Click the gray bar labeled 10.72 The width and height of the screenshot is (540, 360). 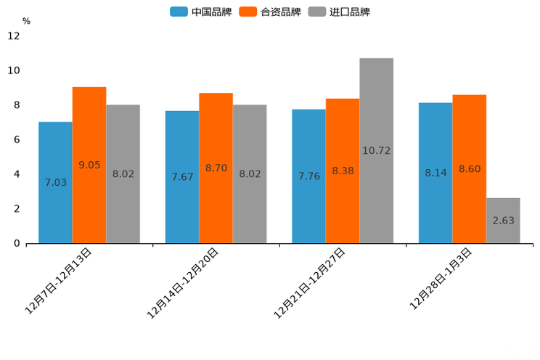376,150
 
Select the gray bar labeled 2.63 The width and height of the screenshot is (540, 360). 503,221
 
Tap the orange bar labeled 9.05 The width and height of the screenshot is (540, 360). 89,165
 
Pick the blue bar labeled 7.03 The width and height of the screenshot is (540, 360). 55,182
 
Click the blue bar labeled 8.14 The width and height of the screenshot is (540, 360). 435,173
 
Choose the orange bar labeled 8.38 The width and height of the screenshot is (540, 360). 343,171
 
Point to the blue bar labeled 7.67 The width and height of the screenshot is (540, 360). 182,176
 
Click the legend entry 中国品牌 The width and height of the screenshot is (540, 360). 201,12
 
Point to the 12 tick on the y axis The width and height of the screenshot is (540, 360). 14,36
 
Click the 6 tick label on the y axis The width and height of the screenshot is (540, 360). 17,139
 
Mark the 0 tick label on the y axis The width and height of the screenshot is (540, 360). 17,243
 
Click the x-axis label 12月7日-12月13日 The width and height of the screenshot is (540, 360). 59,280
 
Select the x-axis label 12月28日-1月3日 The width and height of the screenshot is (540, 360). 441,279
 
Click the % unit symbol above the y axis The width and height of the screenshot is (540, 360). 26,21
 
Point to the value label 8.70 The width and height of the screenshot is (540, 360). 216,168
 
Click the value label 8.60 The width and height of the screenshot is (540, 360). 470,169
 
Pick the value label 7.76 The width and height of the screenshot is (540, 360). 309,176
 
